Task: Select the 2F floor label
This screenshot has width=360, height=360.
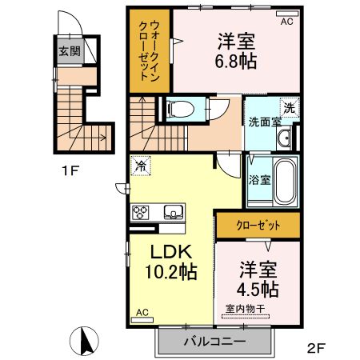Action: (x=316, y=348)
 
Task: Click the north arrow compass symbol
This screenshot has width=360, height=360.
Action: (x=84, y=343)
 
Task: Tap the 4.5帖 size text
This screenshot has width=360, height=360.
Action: (x=256, y=288)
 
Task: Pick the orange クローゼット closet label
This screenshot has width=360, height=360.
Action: (x=257, y=226)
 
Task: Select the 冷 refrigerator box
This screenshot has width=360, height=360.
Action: (x=141, y=167)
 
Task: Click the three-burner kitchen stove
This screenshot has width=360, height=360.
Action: (x=142, y=212)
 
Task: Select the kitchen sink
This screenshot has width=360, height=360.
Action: (x=173, y=212)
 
